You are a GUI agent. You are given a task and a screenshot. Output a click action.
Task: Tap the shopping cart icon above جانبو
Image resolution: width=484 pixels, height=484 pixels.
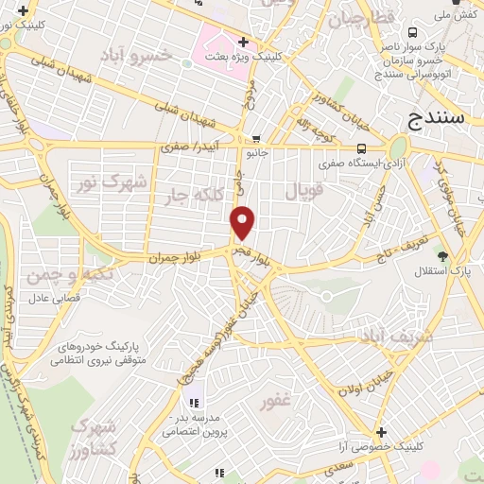tap(256, 139)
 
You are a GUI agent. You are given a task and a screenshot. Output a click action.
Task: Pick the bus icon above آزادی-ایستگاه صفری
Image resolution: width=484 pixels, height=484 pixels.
tap(361, 147)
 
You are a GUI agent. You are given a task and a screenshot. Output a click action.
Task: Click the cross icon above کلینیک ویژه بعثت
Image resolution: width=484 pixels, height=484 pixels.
tap(243, 42)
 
